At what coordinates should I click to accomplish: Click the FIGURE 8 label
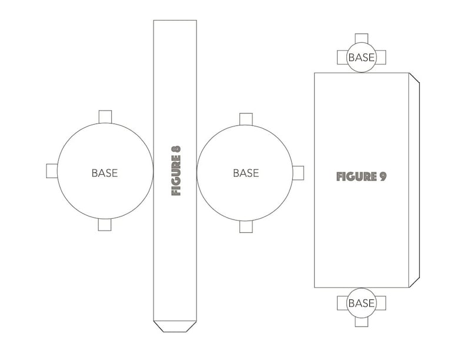(176, 171)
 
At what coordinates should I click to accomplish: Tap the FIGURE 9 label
(361, 176)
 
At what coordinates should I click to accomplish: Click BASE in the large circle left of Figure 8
(105, 173)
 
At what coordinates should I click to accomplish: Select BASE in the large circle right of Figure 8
(246, 173)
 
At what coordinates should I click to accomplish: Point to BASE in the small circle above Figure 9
(361, 58)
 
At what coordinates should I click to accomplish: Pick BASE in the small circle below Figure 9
(361, 303)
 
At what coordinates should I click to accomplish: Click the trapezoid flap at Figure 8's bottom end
(175, 326)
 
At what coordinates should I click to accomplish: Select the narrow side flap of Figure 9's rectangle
(414, 180)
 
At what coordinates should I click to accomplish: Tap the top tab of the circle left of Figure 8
(105, 116)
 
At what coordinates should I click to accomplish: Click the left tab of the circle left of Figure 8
(52, 171)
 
